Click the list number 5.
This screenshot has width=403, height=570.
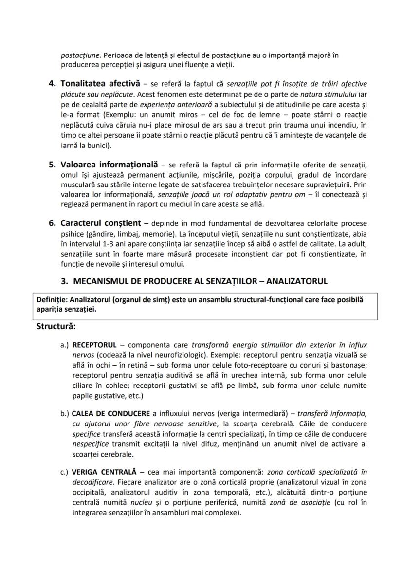tap(52, 164)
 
